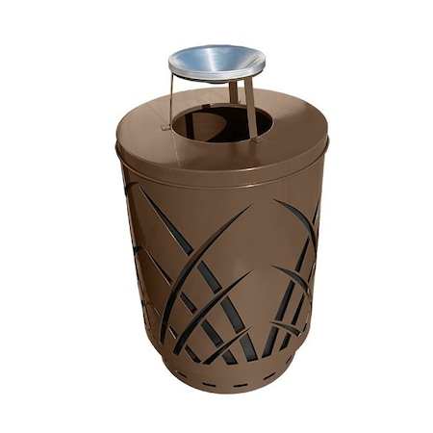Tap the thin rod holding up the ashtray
coord(171,97)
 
